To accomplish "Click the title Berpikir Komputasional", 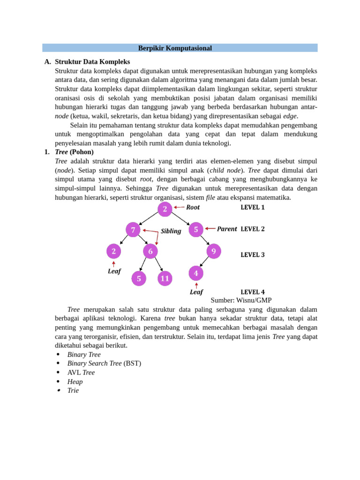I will click(x=175, y=48).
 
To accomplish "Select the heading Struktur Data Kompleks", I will click(x=92, y=61).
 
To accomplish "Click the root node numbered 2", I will click(x=165, y=209).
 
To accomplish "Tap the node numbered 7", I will click(x=133, y=230).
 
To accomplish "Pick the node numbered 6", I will click(x=150, y=251).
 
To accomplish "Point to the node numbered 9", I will click(x=214, y=251).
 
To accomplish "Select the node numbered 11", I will click(x=165, y=278).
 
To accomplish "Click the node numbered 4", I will click(x=196, y=273).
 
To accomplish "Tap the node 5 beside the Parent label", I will click(x=196, y=230).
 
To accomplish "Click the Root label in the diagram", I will click(x=193, y=207).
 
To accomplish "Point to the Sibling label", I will click(x=171, y=231).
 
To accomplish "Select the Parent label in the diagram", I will click(x=227, y=229).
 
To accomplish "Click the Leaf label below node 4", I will click(x=196, y=292).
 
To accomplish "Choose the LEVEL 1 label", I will click(x=253, y=207).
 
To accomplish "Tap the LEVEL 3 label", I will click(x=253, y=255).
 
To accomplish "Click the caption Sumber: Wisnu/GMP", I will click(x=241, y=300).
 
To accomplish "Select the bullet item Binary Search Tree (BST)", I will click(x=104, y=363).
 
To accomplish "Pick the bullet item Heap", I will click(x=75, y=382).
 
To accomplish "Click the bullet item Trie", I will click(x=73, y=390).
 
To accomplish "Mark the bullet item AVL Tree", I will click(x=81, y=372).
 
